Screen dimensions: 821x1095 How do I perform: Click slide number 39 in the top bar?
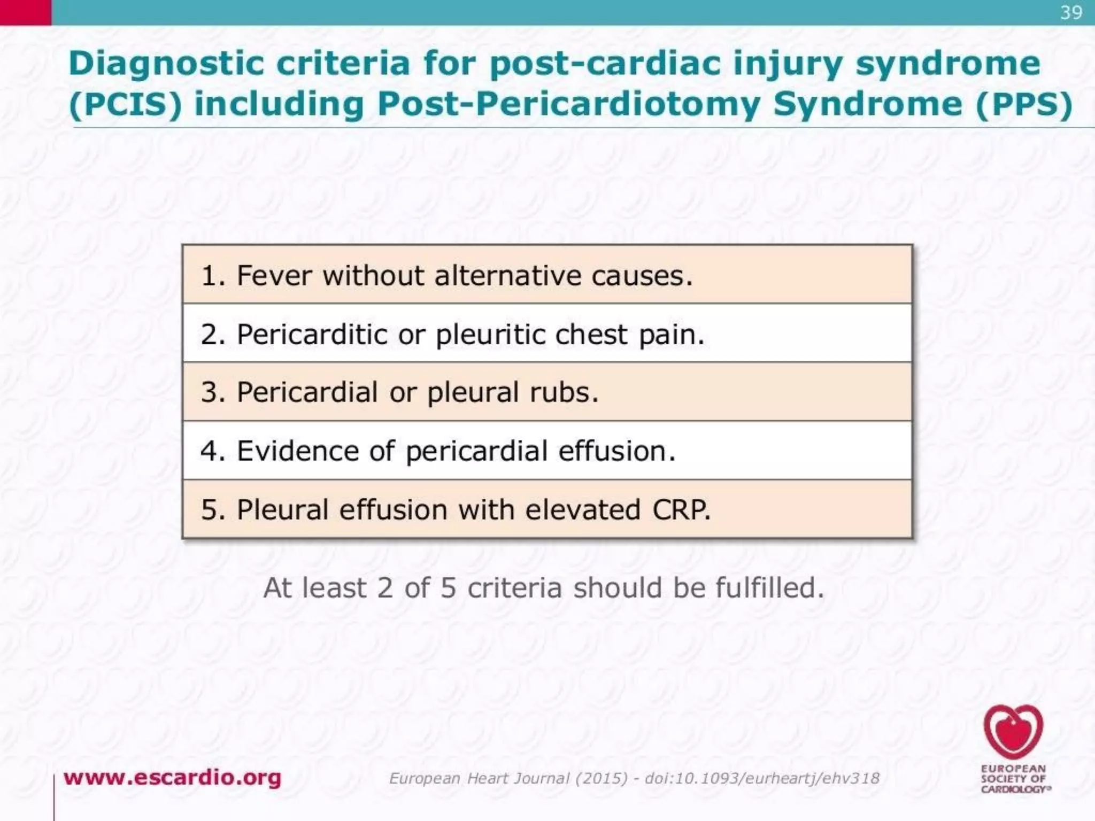click(x=1071, y=13)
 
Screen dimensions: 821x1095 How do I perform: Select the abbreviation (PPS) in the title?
click(x=1024, y=104)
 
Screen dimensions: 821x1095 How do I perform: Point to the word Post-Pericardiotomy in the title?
click(x=569, y=104)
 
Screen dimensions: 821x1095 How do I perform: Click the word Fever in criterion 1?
click(x=274, y=276)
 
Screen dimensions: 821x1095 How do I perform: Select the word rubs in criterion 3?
click(x=564, y=392)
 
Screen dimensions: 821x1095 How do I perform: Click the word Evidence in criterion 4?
click(x=298, y=451)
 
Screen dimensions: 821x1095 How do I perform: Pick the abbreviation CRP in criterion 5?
click(x=681, y=509)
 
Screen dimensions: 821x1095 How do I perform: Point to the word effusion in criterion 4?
click(x=617, y=451)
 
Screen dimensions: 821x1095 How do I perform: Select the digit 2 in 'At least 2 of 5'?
click(x=385, y=588)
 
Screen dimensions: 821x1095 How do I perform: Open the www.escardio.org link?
click(x=172, y=777)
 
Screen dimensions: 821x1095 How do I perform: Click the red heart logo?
click(x=1013, y=731)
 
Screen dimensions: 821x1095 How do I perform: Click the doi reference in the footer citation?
click(x=762, y=778)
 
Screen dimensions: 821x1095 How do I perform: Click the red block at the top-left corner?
click(x=26, y=12)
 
